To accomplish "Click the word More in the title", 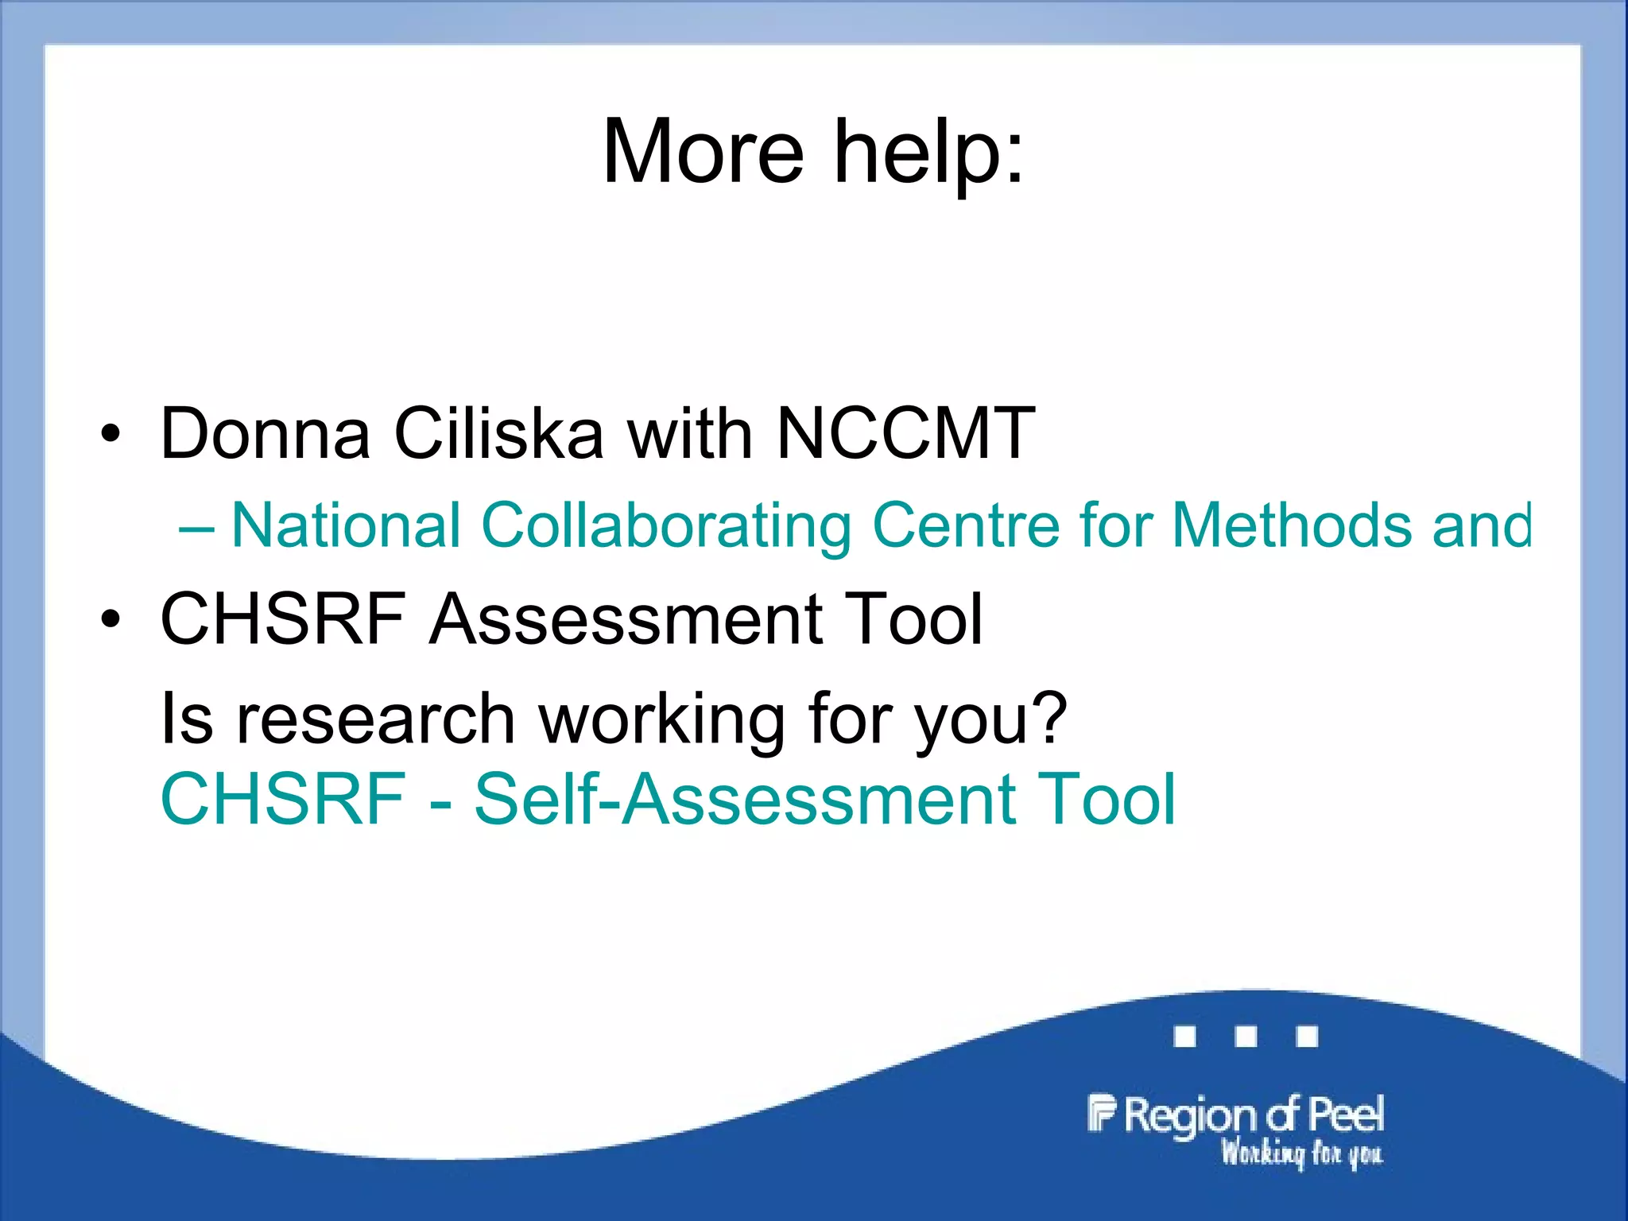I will point(704,151).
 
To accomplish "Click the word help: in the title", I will point(928,151).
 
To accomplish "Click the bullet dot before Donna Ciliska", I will point(110,434).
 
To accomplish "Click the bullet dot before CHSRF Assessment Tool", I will point(110,619).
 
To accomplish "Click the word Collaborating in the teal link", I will point(666,526).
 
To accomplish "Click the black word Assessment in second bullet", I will point(624,618).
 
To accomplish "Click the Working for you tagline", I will point(1301,1153).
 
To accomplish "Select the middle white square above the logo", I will point(1246,1037).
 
